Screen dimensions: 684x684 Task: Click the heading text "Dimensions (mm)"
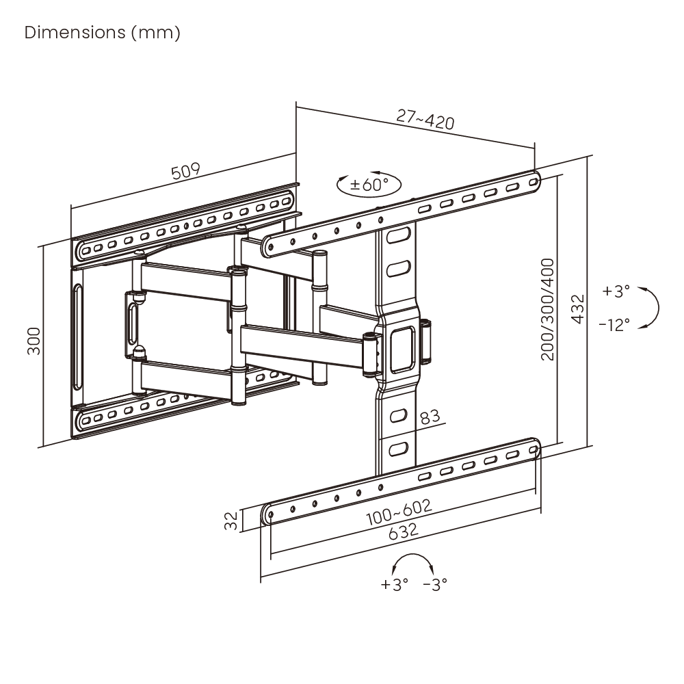pos(103,33)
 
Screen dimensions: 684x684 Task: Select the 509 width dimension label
pos(186,171)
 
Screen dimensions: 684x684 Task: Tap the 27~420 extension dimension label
pos(425,119)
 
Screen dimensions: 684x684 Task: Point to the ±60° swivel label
pos(369,185)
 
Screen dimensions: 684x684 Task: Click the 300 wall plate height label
pos(34,341)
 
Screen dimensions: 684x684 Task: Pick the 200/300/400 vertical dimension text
pos(547,309)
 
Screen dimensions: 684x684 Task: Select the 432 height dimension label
pos(577,309)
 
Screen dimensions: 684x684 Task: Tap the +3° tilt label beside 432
pos(616,291)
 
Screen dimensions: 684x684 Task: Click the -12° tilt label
pos(614,325)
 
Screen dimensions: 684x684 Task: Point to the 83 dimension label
pos(430,417)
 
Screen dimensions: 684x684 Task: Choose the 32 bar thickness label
pos(231,521)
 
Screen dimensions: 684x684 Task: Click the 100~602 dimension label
pos(399,512)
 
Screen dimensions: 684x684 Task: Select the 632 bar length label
pos(403,531)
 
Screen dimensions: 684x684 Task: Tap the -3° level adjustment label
pos(435,584)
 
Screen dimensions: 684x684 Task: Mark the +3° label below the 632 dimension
pos(395,584)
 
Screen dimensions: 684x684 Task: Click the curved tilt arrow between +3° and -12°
pos(651,308)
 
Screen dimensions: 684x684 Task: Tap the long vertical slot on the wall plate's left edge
pos(78,337)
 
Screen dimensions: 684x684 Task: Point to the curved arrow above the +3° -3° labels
pos(412,563)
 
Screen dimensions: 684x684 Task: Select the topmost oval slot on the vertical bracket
pos(398,235)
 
